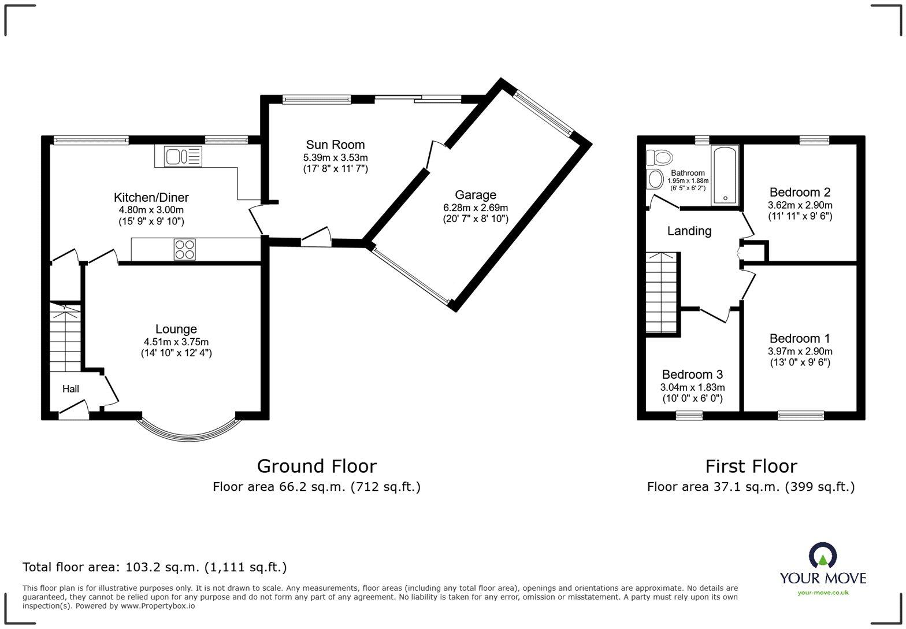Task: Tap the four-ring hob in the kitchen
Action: (185, 249)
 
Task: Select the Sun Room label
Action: (335, 145)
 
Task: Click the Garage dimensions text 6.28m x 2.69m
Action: (475, 208)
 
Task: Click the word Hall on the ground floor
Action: (70, 389)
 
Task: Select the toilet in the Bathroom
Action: (660, 157)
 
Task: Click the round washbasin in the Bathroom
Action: (655, 179)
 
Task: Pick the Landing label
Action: (689, 231)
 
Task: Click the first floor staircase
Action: (662, 292)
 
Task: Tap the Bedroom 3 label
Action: (692, 375)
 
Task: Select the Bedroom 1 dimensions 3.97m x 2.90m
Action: (800, 351)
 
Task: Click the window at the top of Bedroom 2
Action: (814, 139)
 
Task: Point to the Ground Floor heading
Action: (317, 466)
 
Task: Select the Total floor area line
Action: (154, 567)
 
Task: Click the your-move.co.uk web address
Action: (823, 593)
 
